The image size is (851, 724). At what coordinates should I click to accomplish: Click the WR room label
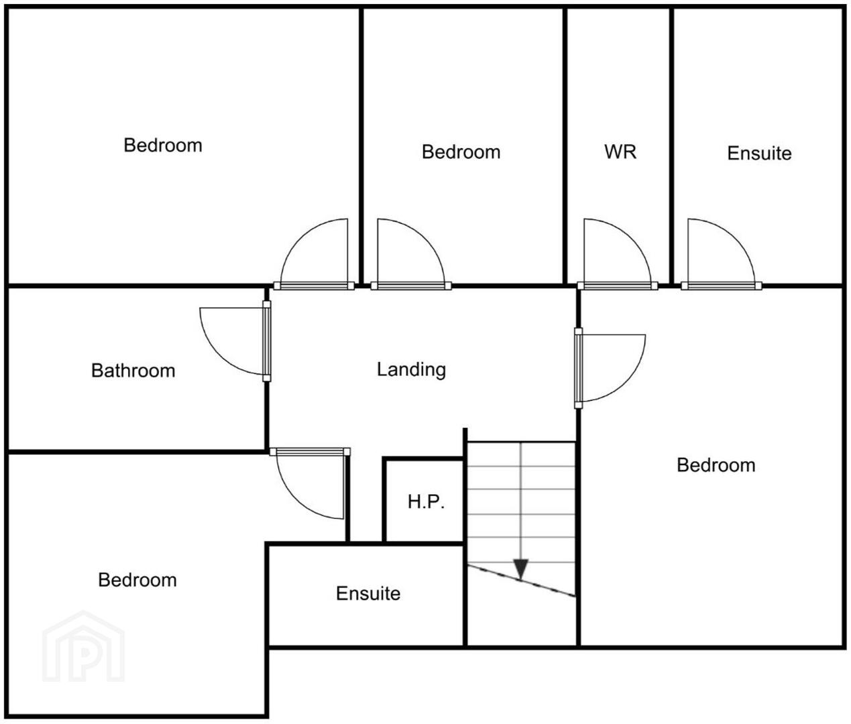tap(620, 152)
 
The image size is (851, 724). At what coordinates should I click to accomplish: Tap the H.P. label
tap(426, 502)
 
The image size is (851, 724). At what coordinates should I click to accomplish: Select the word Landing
tap(411, 369)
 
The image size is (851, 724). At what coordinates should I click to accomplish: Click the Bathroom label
tap(133, 371)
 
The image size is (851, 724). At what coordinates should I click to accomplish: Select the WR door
tap(617, 254)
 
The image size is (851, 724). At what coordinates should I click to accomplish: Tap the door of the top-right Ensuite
tap(721, 254)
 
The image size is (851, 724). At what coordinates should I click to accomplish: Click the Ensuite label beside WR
tap(759, 153)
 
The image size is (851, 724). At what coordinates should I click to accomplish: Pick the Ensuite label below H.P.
tap(368, 593)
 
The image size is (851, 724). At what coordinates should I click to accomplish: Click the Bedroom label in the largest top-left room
tap(163, 145)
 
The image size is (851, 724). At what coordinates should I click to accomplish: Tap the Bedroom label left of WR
tap(461, 152)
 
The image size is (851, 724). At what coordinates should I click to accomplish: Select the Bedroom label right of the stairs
tap(716, 465)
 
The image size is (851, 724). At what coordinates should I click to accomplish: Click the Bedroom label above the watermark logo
tap(137, 580)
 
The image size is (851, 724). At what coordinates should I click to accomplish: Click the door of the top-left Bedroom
tap(314, 254)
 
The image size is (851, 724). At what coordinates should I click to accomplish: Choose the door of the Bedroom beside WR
tap(411, 254)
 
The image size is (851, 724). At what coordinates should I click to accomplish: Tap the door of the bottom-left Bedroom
tap(310, 483)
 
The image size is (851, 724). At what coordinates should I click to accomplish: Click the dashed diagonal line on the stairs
tap(522, 581)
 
